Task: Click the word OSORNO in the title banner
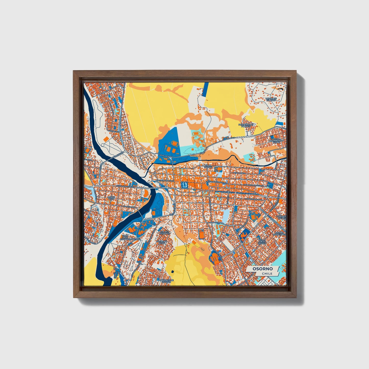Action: click(263, 269)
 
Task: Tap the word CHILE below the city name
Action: click(267, 273)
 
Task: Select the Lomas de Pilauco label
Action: click(271, 99)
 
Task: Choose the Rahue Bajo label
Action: click(112, 198)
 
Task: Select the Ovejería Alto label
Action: click(161, 242)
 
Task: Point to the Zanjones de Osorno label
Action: click(166, 281)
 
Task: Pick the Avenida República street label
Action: click(125, 187)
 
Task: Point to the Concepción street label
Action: click(128, 207)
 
